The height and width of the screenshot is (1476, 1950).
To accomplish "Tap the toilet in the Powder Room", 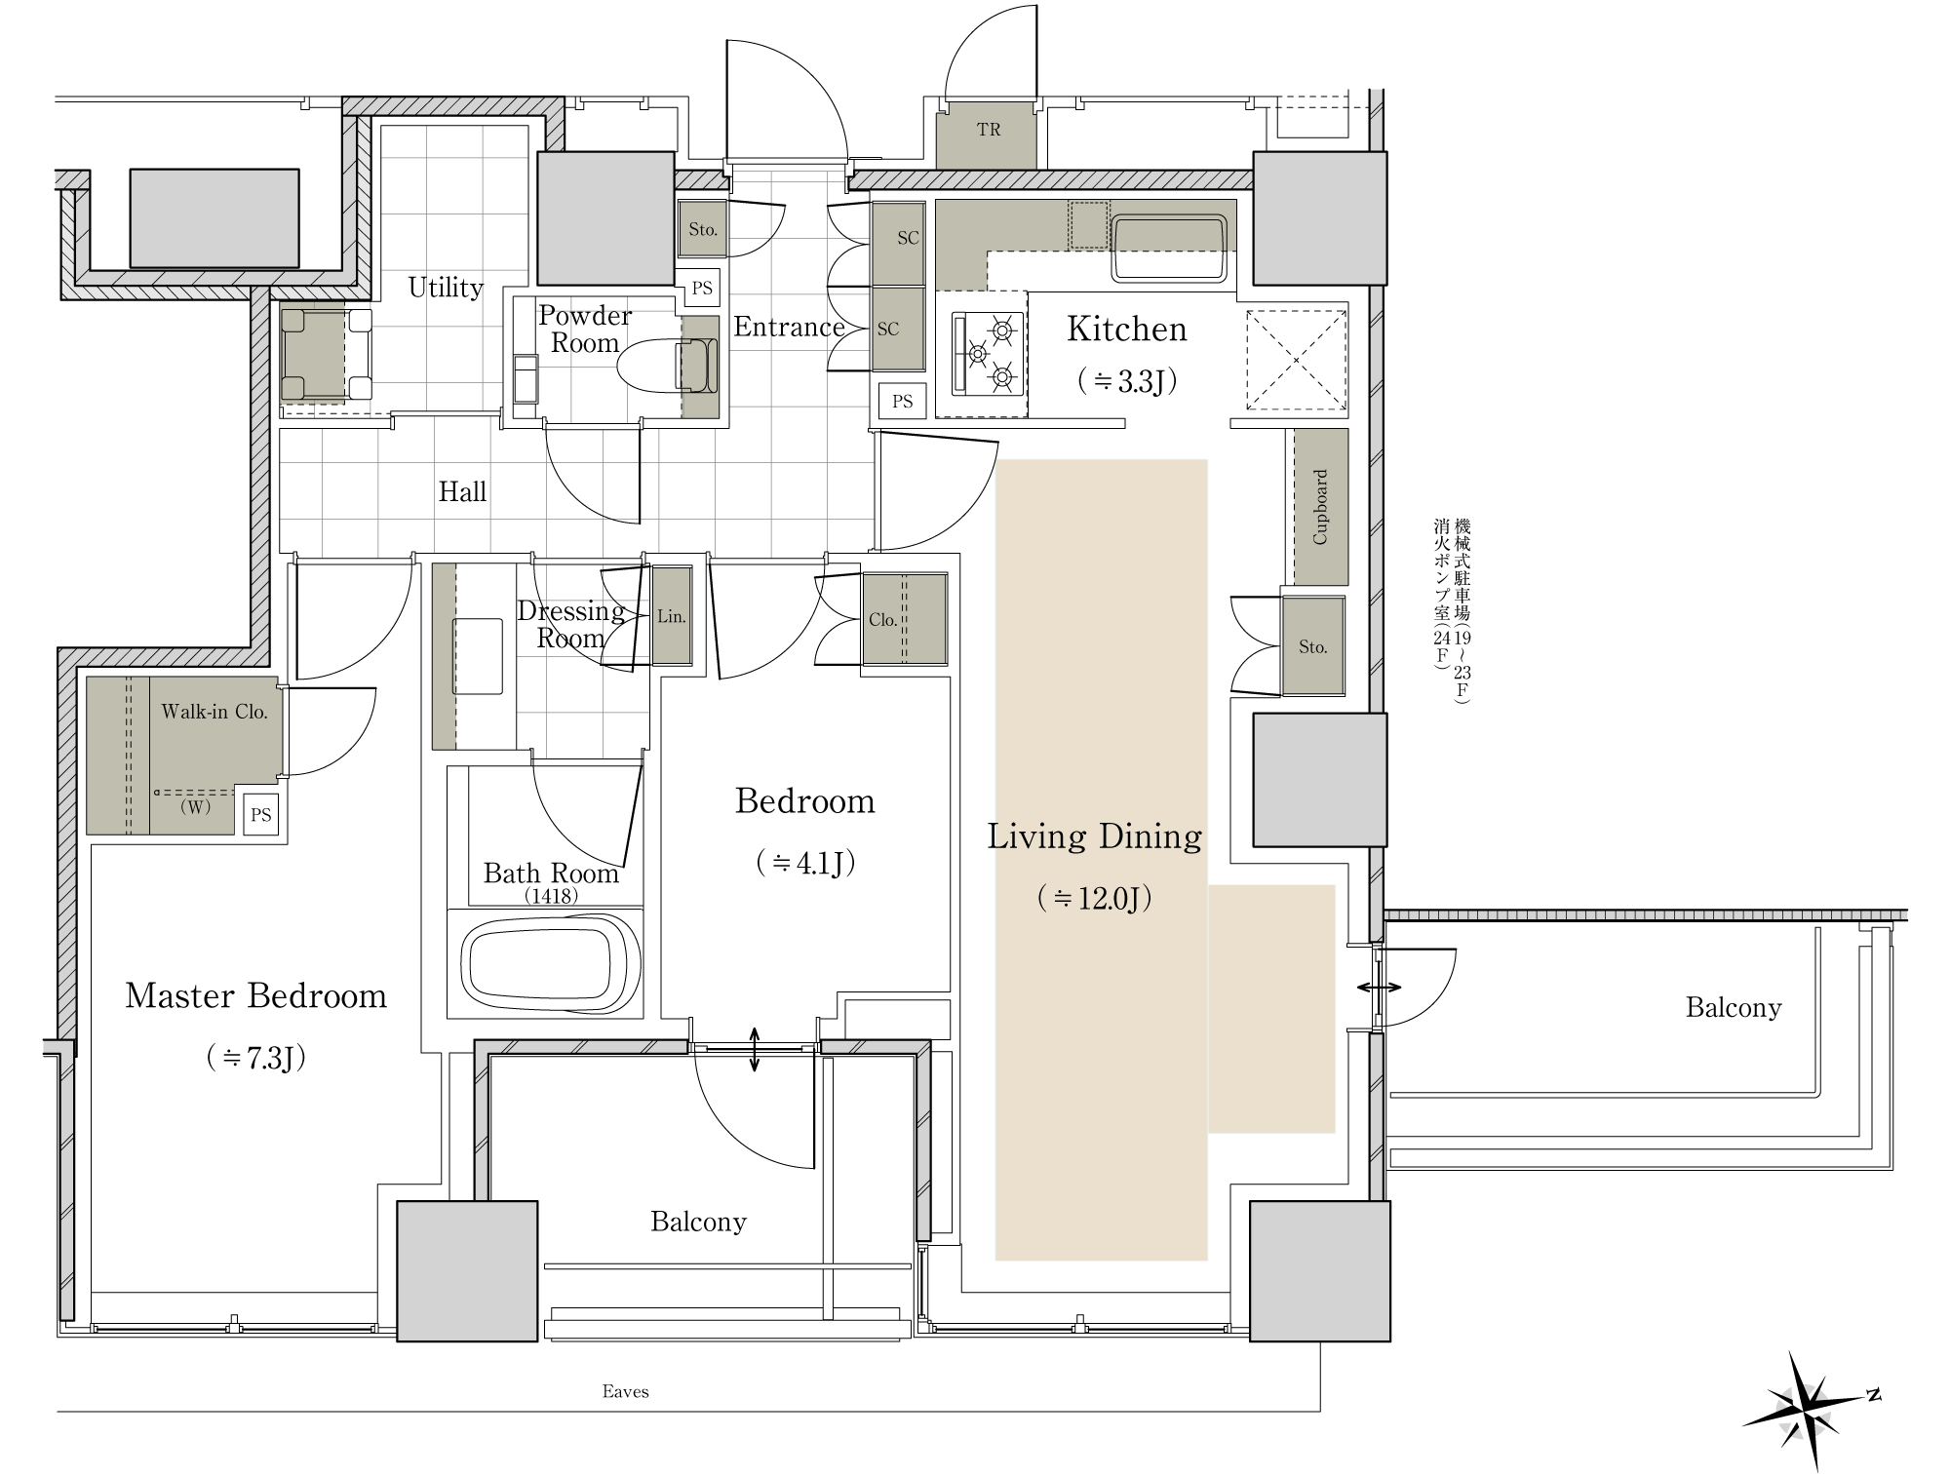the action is pyautogui.click(x=668, y=366).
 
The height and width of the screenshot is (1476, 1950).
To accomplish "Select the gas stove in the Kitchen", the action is pyautogui.click(x=987, y=354).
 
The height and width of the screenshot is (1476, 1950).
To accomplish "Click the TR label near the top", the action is pyautogui.click(x=988, y=130).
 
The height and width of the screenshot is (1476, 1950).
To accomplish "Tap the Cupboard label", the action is pyautogui.click(x=1320, y=507).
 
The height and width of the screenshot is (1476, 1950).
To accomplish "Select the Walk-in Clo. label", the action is pyautogui.click(x=214, y=712).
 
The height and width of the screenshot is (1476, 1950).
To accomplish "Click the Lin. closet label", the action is pyautogui.click(x=671, y=616).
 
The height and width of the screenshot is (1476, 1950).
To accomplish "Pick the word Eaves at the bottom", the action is pyautogui.click(x=625, y=1391).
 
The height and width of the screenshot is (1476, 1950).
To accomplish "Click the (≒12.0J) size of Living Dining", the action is pyautogui.click(x=1095, y=898).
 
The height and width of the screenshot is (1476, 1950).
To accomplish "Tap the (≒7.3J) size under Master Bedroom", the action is pyautogui.click(x=256, y=1058).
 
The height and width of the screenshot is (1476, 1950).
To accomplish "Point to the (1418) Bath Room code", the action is pyautogui.click(x=551, y=896).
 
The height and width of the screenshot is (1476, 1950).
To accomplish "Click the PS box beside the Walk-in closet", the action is pyautogui.click(x=260, y=814).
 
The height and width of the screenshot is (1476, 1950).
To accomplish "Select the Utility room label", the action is pyautogui.click(x=446, y=288).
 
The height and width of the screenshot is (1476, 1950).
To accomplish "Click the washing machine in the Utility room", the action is pyautogui.click(x=327, y=354).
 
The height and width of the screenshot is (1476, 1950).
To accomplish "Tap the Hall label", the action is pyautogui.click(x=462, y=491).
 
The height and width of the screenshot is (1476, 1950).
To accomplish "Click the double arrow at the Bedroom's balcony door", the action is pyautogui.click(x=756, y=1049).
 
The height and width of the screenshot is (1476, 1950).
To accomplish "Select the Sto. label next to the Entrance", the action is pyautogui.click(x=703, y=230).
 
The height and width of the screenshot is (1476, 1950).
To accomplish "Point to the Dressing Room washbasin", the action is pyautogui.click(x=478, y=656).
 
